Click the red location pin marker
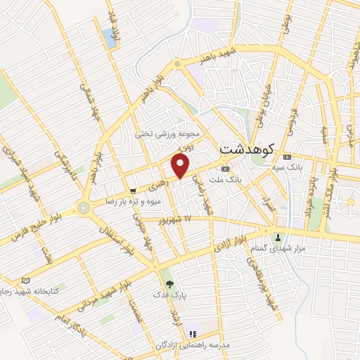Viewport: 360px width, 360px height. tap(181, 165)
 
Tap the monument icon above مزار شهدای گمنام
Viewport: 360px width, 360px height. tap(280, 237)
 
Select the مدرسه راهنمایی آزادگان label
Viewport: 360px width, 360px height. tap(191, 346)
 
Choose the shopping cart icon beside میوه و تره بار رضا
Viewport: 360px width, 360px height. tap(133, 191)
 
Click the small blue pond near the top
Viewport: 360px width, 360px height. tap(110, 37)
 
